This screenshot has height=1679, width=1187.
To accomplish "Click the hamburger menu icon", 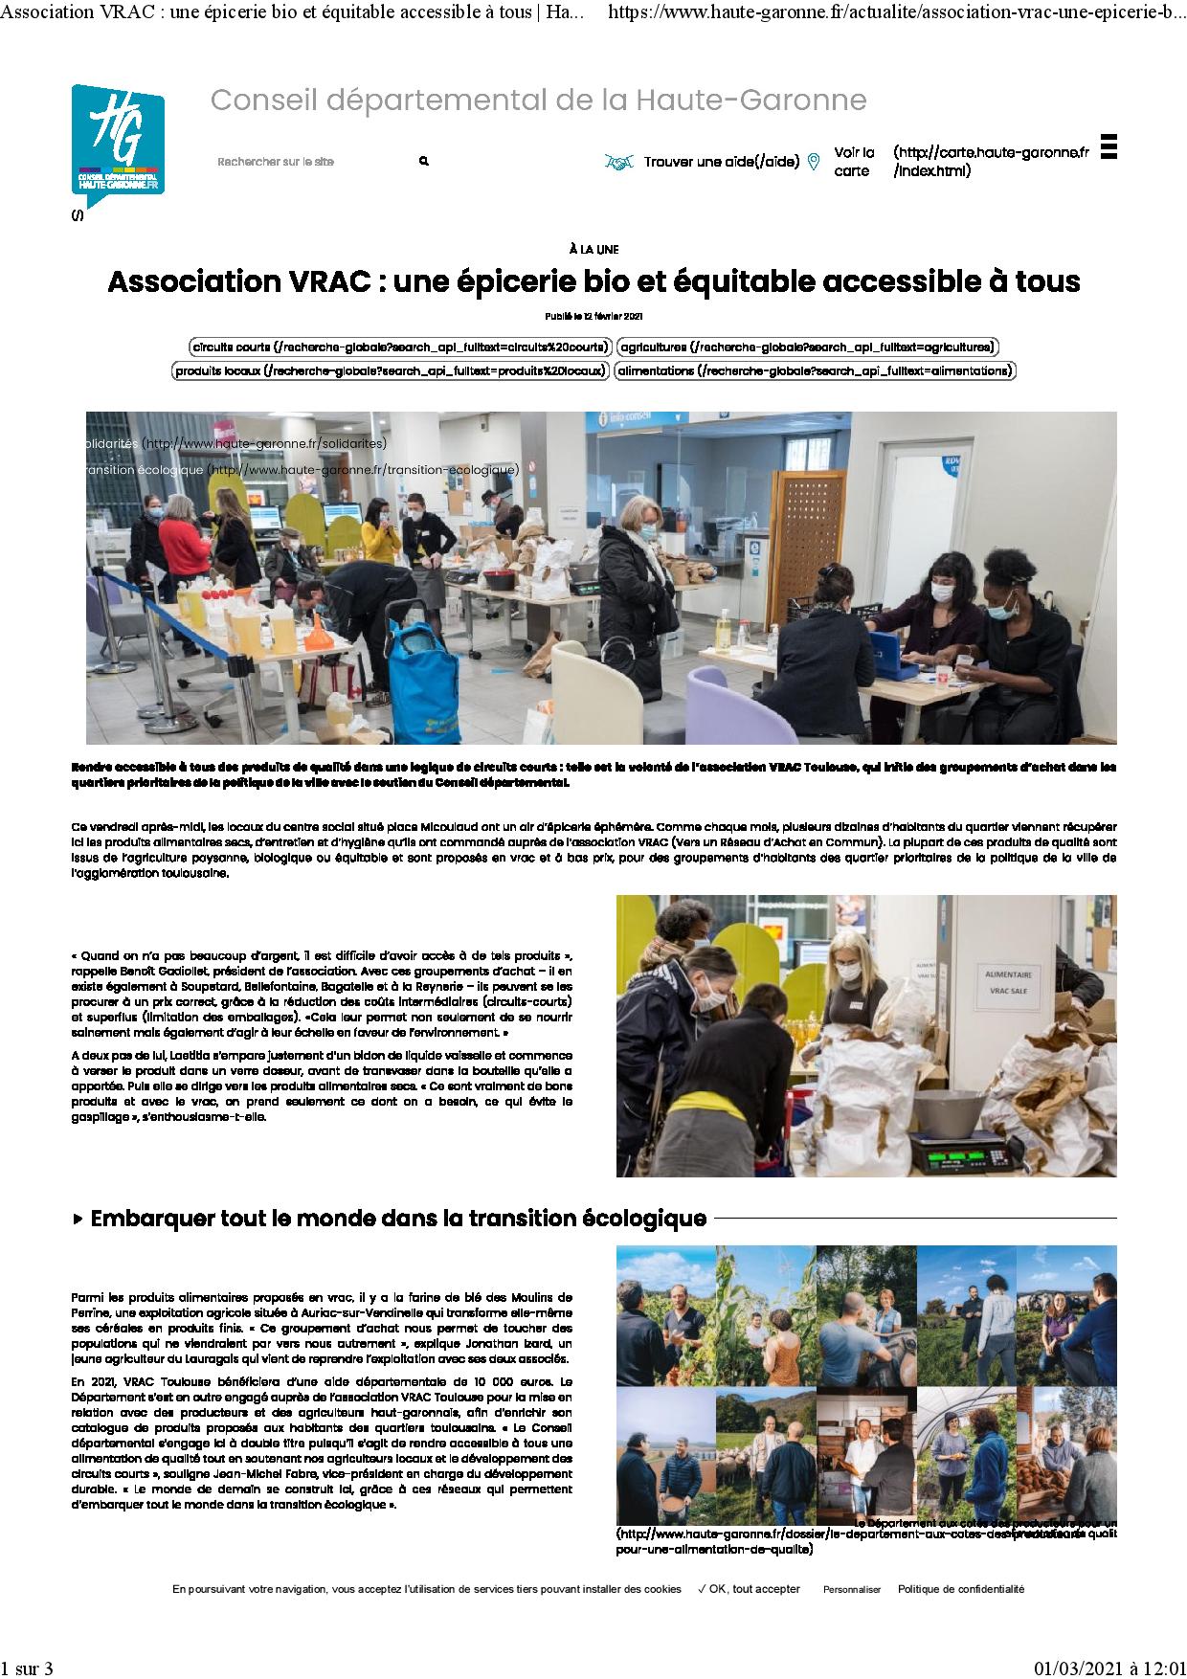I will (1109, 146).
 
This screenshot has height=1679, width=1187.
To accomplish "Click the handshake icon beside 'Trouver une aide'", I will (619, 163).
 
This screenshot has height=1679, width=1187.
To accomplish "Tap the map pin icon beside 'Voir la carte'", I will (814, 162).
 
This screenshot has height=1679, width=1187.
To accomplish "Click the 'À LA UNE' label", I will (593, 250).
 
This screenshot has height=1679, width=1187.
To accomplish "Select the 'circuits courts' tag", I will (400, 347).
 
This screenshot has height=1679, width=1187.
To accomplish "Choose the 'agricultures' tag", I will (807, 347).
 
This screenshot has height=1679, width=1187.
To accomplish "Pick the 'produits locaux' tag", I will (391, 370).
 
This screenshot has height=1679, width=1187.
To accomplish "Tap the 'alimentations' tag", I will (814, 370).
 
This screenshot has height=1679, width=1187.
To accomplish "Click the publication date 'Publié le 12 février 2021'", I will (593, 315).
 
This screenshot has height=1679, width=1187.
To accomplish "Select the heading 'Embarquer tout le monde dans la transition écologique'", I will (398, 1219).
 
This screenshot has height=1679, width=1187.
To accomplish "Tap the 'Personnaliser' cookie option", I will (851, 1589).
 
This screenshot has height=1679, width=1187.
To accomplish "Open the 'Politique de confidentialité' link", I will (960, 1589).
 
